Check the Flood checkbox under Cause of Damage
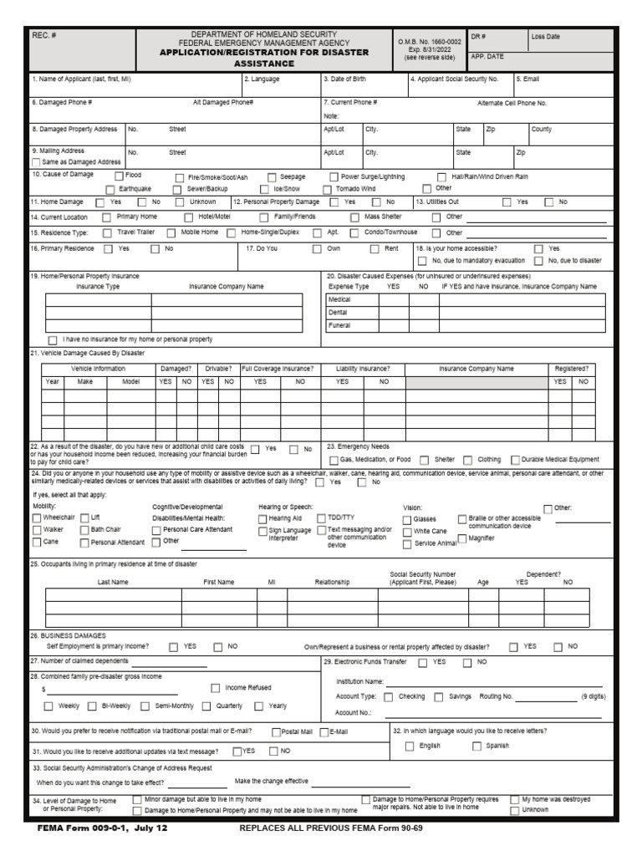point(118,177)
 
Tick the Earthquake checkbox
point(111,190)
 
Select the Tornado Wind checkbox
point(328,190)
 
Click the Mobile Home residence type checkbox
point(171,232)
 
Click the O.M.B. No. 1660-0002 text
point(429,41)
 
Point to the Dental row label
point(339,312)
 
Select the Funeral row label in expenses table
point(340,325)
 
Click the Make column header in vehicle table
point(85,381)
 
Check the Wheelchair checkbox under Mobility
point(37,518)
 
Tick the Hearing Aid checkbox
point(262,519)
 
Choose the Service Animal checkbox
point(407,544)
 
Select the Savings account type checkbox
point(439,696)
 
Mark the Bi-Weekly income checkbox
point(93,706)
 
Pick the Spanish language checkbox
point(477,746)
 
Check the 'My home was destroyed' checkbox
point(514,800)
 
